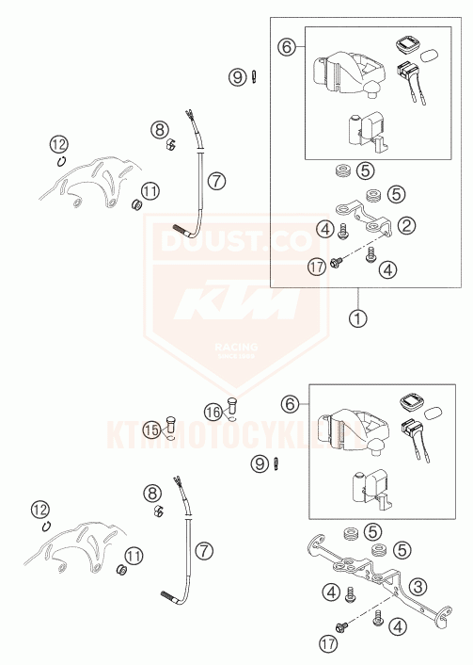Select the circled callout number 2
tap(407, 225)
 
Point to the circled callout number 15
tap(152, 430)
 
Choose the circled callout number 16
tap(214, 411)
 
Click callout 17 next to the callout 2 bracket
tap(317, 268)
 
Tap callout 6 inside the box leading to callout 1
tap(288, 44)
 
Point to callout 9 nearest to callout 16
tap(258, 462)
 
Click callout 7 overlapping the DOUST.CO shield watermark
tap(217, 179)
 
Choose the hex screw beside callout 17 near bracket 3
tap(340, 626)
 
